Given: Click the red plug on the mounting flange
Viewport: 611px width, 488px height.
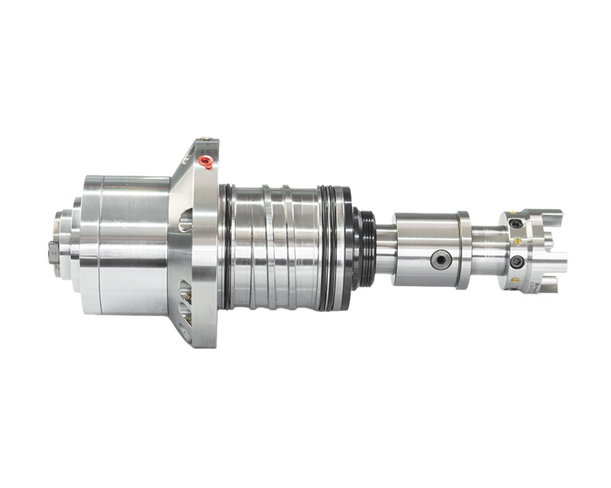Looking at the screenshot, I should pos(205,160).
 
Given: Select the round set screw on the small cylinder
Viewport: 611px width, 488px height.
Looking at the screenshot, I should pos(441,260).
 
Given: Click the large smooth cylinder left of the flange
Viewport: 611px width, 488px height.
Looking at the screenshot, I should pos(126,244).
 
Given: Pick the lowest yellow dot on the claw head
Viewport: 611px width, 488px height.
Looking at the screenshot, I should pos(512,280).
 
